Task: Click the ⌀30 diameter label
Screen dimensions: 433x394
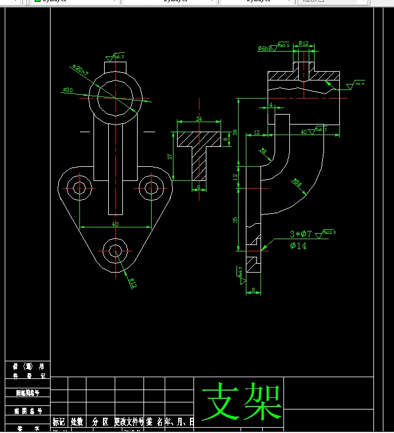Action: point(68,90)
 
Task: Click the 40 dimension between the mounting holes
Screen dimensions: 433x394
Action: point(115,223)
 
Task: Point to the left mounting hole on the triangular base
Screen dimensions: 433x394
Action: point(79,187)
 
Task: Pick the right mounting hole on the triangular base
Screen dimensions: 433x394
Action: point(152,187)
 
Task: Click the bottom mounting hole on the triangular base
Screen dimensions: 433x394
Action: point(115,250)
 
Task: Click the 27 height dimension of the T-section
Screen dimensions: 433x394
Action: point(170,157)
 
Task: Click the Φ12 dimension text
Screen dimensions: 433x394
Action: point(303,43)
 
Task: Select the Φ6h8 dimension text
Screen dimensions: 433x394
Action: point(265,48)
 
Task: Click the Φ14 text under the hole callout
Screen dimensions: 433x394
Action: point(298,246)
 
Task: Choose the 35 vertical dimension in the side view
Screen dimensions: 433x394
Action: point(235,220)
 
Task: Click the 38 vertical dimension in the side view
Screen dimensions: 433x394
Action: point(235,132)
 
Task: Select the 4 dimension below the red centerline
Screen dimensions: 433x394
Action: point(271,105)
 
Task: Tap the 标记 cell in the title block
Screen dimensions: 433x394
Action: point(59,421)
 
